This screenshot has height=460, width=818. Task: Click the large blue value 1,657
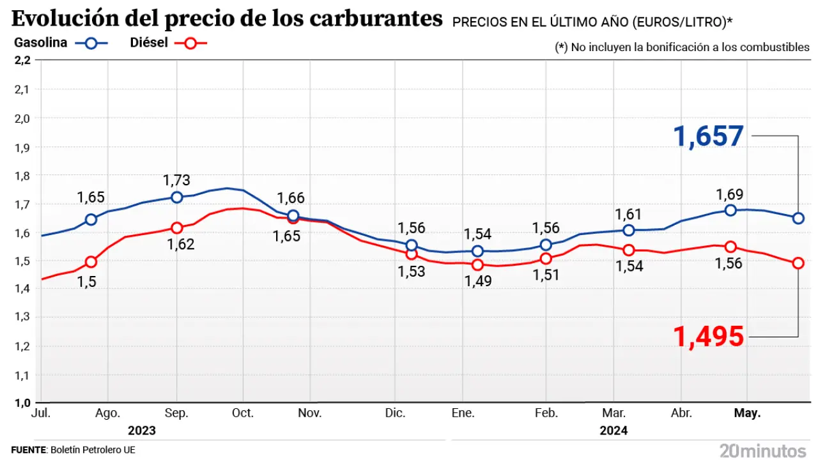click(x=708, y=136)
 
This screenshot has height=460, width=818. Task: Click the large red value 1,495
click(x=709, y=336)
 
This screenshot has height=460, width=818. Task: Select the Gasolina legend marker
click(x=91, y=43)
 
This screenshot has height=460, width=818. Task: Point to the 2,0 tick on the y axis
click(x=22, y=118)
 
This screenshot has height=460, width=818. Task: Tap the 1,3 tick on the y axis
click(x=22, y=318)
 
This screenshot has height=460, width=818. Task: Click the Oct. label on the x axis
click(x=243, y=413)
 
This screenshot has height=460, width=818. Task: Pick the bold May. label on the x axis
click(x=747, y=413)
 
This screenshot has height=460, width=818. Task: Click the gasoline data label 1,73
click(x=176, y=181)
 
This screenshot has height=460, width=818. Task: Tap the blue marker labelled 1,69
click(x=730, y=210)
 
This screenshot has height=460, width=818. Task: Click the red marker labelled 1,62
click(x=177, y=227)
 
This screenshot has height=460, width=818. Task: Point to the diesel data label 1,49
click(x=478, y=280)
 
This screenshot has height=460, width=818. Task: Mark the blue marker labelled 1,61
click(x=629, y=230)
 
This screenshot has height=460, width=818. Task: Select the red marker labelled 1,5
click(x=91, y=261)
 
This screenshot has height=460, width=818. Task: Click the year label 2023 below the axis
click(x=142, y=431)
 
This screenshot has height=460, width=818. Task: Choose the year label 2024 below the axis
click(x=613, y=431)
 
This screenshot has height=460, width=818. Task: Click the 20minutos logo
click(x=763, y=450)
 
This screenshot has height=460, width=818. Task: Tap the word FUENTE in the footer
click(x=29, y=450)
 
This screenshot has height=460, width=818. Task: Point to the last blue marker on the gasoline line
click(x=798, y=218)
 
